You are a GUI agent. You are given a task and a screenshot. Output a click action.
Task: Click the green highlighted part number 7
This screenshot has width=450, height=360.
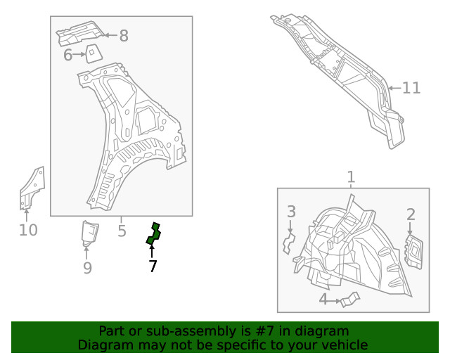(153, 234)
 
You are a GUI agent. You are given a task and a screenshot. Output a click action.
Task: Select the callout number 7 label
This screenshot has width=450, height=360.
(153, 266)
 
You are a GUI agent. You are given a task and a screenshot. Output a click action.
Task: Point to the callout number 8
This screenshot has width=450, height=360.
(124, 36)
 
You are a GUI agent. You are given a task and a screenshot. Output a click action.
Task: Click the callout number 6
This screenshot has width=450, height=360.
(68, 55)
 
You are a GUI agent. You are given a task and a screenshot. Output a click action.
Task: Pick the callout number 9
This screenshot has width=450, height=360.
(87, 268)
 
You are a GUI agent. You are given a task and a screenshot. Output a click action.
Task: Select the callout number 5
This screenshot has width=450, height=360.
(122, 230)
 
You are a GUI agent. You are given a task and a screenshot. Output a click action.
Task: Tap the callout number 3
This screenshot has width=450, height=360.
(291, 212)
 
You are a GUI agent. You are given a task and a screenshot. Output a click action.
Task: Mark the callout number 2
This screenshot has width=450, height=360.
(411, 214)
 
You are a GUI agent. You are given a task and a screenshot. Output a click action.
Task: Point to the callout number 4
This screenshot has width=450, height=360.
(323, 300)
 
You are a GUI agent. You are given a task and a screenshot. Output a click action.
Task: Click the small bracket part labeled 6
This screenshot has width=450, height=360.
(91, 53)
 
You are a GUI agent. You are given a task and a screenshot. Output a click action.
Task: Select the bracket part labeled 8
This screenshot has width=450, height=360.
(79, 33)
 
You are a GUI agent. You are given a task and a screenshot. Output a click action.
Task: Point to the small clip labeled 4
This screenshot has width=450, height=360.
(348, 301)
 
